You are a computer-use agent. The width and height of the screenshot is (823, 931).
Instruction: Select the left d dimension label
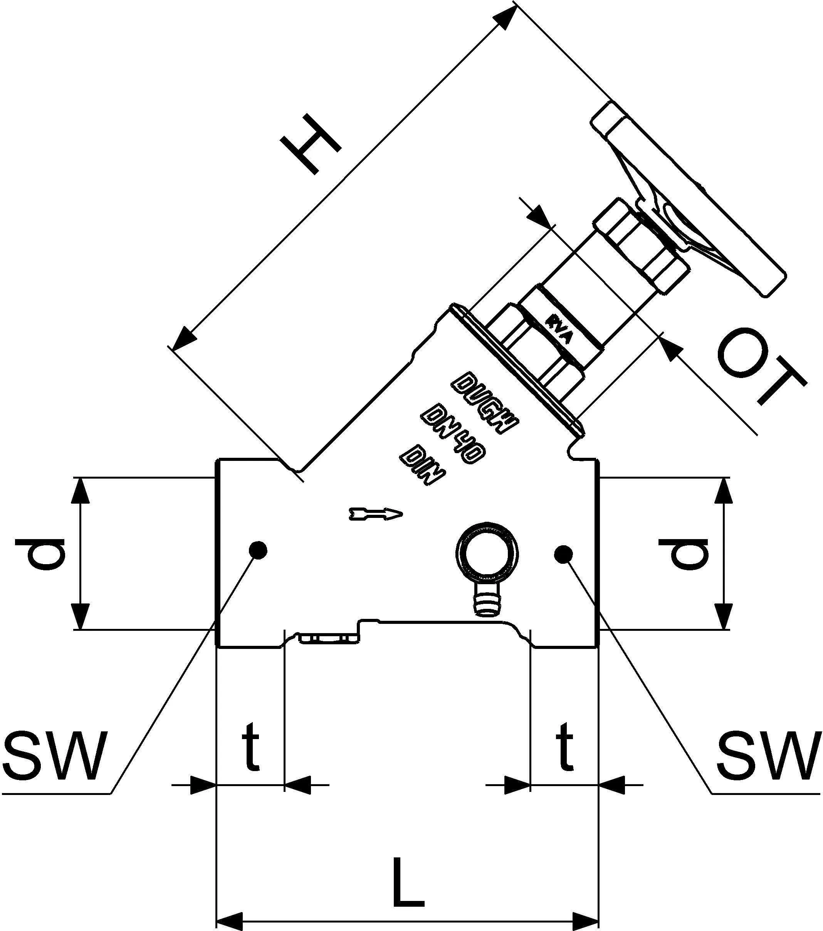[40, 553]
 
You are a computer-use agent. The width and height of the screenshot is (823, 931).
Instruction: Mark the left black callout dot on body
[258, 550]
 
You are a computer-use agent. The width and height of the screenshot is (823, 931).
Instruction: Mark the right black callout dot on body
[563, 553]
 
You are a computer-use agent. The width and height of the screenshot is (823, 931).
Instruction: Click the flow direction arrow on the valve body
[376, 514]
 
